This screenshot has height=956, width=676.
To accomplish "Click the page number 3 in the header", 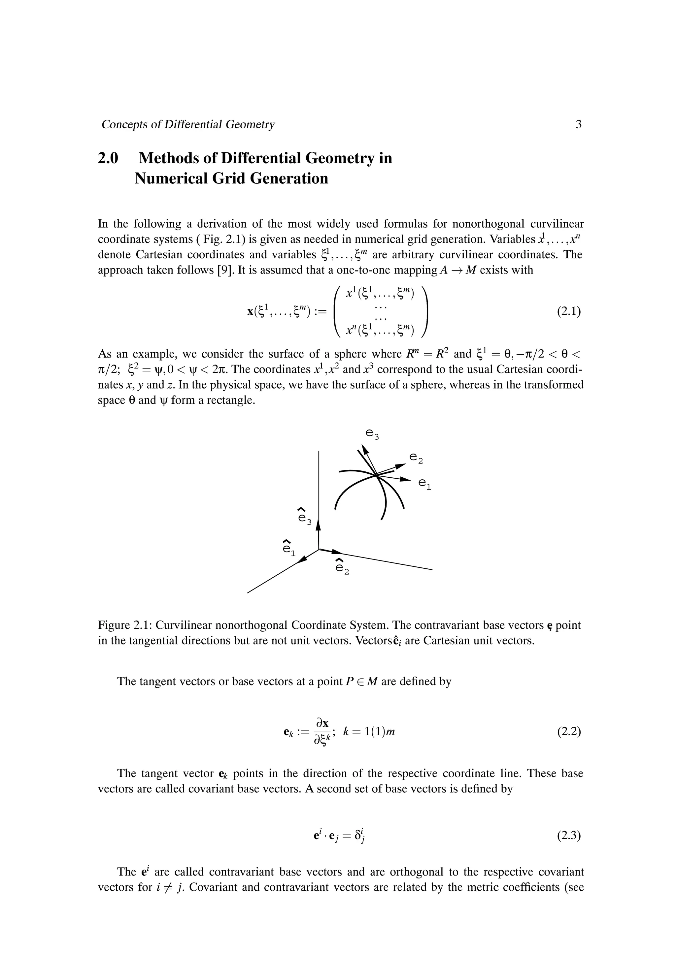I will click(578, 124).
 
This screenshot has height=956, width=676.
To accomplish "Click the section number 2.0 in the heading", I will click(108, 158).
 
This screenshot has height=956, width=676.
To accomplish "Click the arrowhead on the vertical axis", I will click(319, 524).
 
